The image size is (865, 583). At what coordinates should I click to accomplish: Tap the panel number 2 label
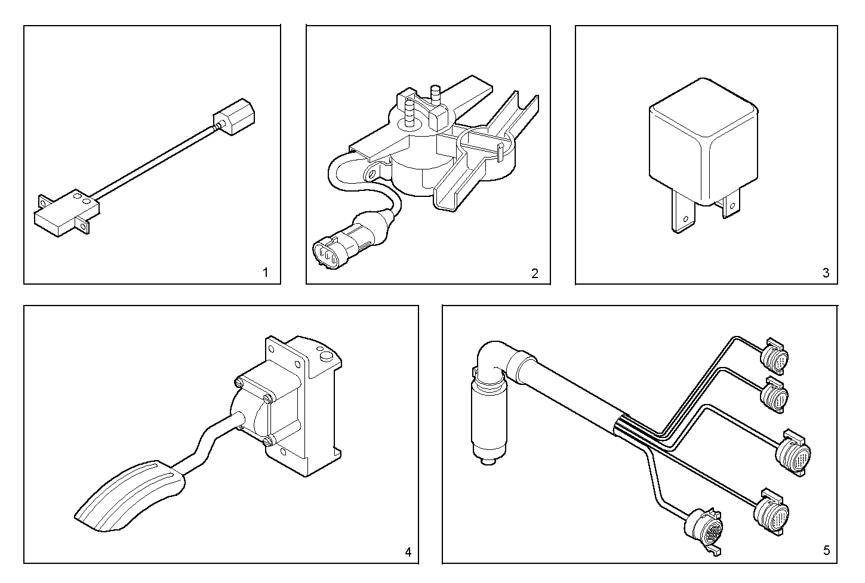pyautogui.click(x=534, y=273)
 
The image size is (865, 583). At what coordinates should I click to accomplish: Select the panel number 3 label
pyautogui.click(x=826, y=273)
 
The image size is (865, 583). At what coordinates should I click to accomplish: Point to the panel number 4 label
pyautogui.click(x=408, y=552)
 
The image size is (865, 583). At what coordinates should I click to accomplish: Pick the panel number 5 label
pyautogui.click(x=826, y=550)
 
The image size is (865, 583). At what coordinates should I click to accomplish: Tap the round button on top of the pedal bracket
pyautogui.click(x=326, y=356)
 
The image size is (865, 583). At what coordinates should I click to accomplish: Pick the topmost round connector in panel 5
pyautogui.click(x=774, y=356)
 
